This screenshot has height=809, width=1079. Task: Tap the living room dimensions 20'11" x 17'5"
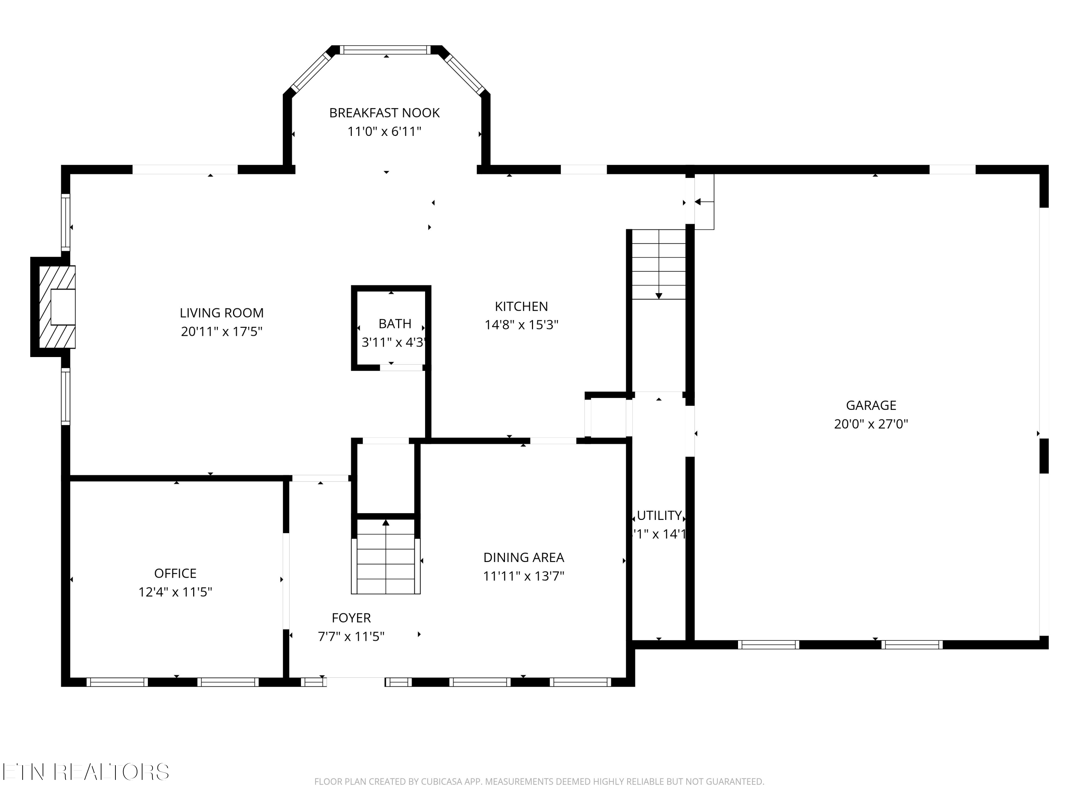pos(222,332)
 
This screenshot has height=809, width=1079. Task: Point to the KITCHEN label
pos(521,306)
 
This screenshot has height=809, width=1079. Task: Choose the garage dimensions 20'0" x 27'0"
pos(871,424)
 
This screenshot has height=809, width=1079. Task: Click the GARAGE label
pos(871,405)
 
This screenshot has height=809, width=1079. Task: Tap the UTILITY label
pos(659,516)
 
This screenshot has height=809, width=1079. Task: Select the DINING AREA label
pos(523,557)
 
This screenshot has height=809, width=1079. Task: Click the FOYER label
pos(351,618)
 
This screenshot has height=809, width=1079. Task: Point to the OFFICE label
pos(175,573)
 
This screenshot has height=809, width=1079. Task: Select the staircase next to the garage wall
pos(659,264)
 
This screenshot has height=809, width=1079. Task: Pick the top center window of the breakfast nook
pos(385,50)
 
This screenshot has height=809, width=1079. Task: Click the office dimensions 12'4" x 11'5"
pos(175,592)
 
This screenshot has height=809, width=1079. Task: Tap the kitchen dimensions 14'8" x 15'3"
pos(521,325)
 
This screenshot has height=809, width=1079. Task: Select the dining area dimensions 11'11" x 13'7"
pos(523,576)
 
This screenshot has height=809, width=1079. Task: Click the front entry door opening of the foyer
pos(356,682)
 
